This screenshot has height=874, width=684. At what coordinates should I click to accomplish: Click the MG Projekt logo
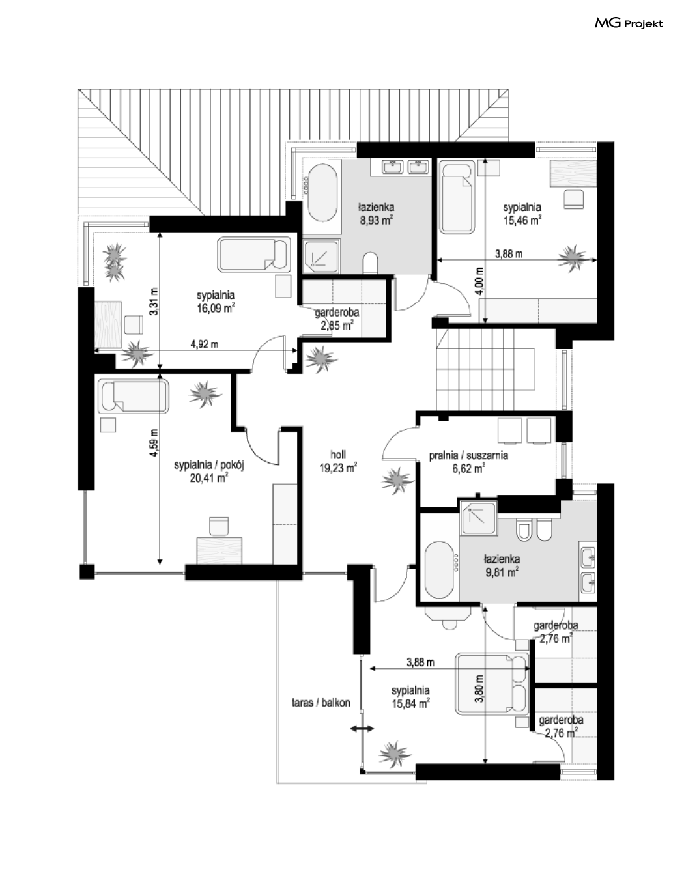(629, 23)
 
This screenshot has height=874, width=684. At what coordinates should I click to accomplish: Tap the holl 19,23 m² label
(338, 461)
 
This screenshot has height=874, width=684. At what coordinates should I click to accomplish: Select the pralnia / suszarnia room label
(468, 455)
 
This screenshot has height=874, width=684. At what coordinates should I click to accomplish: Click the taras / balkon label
(321, 703)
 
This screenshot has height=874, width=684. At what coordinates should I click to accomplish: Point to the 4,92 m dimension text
(205, 344)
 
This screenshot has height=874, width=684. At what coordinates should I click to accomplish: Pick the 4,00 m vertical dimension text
(479, 281)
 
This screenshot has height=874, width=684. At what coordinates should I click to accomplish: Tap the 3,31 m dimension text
(154, 302)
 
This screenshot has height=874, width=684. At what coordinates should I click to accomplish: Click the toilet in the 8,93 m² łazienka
(370, 264)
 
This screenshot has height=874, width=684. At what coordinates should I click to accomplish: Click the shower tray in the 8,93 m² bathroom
(322, 256)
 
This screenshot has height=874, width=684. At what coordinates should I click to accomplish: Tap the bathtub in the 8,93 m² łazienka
(322, 192)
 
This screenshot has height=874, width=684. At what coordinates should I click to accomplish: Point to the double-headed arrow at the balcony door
(362, 728)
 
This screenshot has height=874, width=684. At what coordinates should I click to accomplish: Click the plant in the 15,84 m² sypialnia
(395, 755)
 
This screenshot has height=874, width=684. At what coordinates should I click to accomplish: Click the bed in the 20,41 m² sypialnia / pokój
(133, 396)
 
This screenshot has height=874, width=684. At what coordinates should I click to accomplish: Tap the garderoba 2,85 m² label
(337, 318)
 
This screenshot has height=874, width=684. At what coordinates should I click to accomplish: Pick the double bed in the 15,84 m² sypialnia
(492, 687)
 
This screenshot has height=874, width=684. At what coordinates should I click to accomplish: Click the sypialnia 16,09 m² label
(216, 302)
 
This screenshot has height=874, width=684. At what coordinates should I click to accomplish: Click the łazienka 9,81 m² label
(502, 565)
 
